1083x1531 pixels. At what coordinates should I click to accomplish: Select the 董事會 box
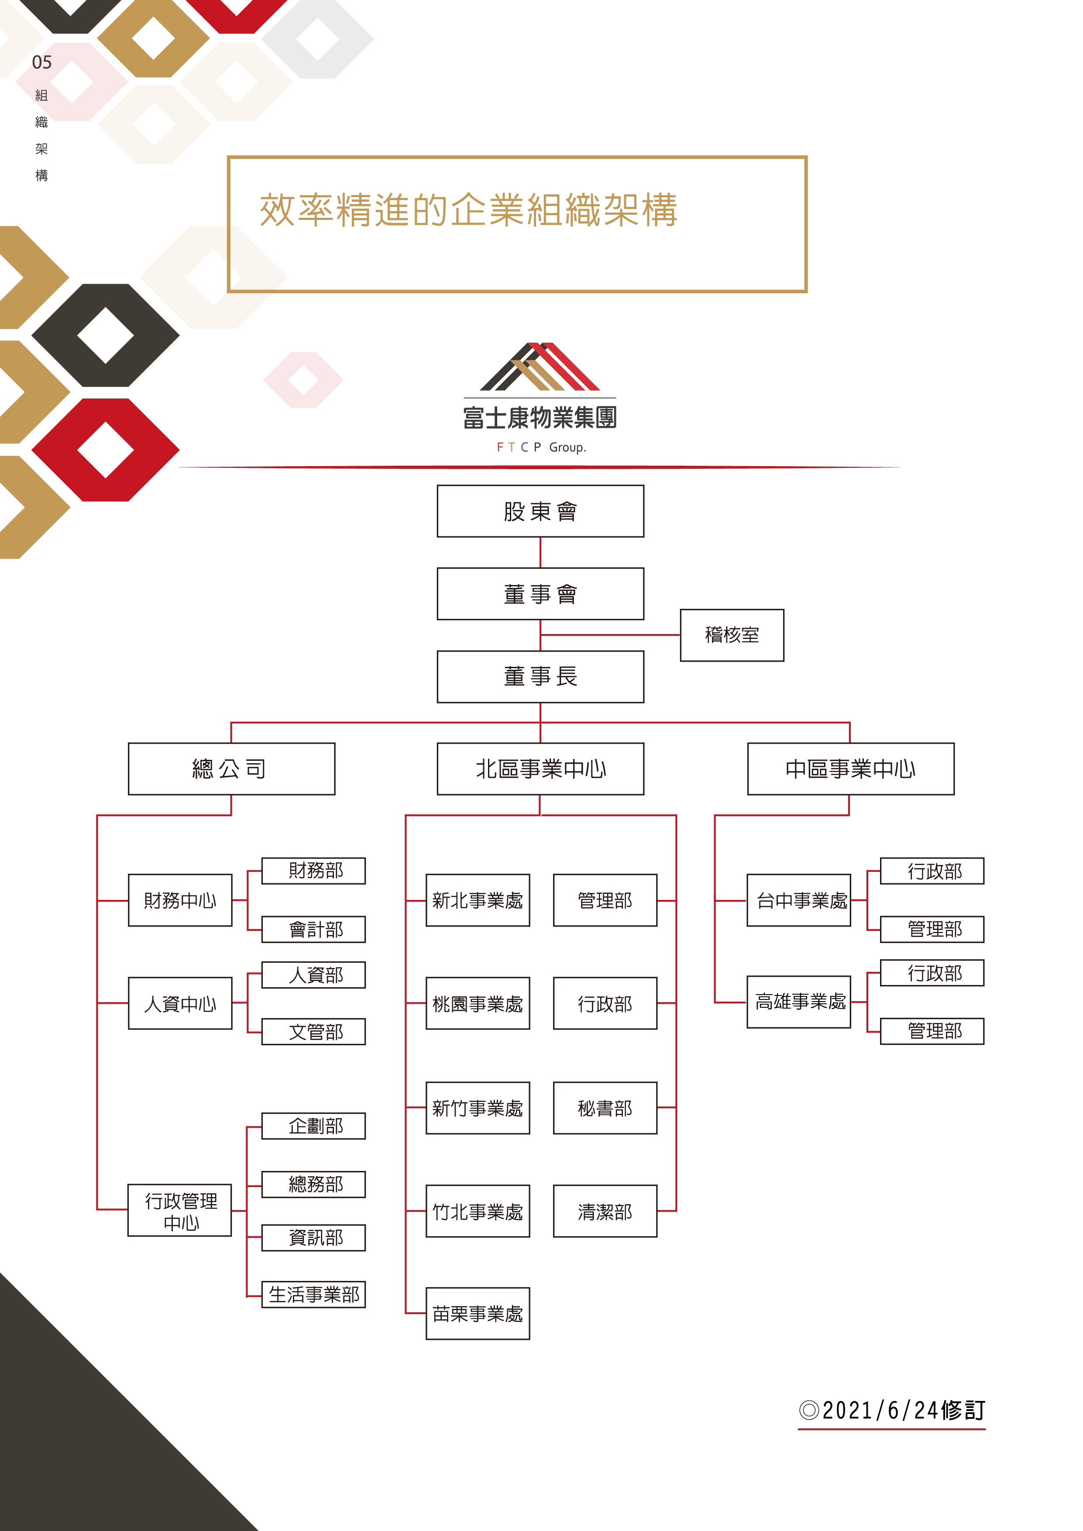[x=540, y=594]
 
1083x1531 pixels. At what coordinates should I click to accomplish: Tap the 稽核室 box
[x=732, y=635]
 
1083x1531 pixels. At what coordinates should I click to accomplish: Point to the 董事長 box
[x=540, y=676]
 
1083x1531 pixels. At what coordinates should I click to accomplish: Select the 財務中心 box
[x=180, y=900]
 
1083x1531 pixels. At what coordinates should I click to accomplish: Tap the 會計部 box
[x=313, y=929]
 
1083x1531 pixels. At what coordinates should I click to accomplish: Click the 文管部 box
[x=313, y=1032]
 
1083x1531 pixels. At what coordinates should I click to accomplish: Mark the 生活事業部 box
[x=313, y=1294]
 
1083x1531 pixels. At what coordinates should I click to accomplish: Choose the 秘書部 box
[x=605, y=1108]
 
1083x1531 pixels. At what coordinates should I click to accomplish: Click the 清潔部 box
[x=605, y=1211]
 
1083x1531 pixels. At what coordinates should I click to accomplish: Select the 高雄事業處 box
[x=798, y=1002]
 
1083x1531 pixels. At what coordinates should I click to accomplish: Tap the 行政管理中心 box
[x=180, y=1210]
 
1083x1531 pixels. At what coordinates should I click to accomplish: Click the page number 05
[x=41, y=63]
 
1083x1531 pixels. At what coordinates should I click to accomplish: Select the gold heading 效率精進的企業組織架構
[x=468, y=210]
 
